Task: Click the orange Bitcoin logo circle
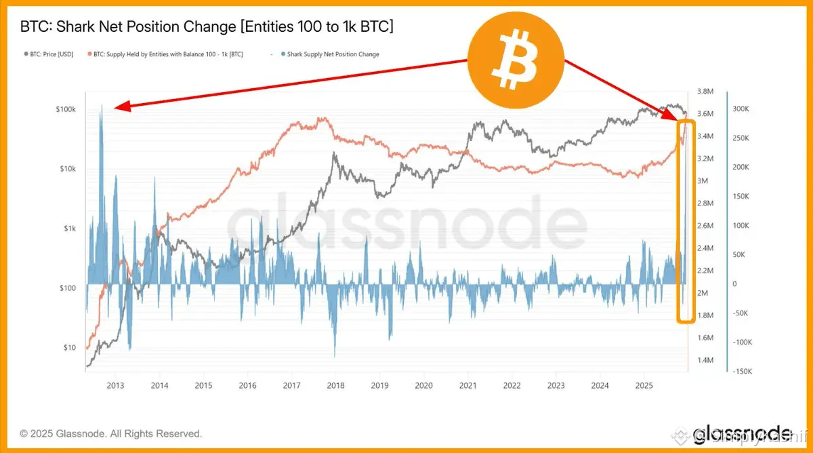tap(516, 62)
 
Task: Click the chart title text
tap(207, 27)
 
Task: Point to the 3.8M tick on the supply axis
tap(706, 92)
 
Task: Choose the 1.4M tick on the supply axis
tap(706, 360)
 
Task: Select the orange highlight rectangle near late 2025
tap(686, 221)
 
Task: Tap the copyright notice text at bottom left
tap(110, 433)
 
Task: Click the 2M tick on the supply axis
tap(703, 293)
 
